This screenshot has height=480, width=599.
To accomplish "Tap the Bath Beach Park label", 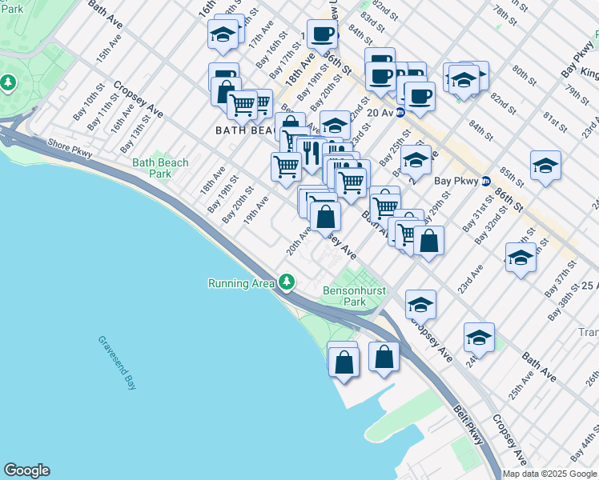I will pyautogui.click(x=160, y=168).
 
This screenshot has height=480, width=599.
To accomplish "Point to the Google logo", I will pyautogui.click(x=26, y=470).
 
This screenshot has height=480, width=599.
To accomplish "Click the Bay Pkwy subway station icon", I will pyautogui.click(x=485, y=181).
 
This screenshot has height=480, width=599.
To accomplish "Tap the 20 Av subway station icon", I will pyautogui.click(x=401, y=113).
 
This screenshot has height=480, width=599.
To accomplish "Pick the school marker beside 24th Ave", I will pyautogui.click(x=479, y=338).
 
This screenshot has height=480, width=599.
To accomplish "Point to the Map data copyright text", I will pyautogui.click(x=549, y=474).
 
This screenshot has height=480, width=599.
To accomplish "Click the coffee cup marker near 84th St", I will pyautogui.click(x=322, y=34).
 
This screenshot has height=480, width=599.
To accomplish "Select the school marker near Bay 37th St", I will pyautogui.click(x=521, y=258).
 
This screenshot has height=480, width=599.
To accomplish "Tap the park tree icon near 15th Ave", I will pyautogui.click(x=8, y=82).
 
